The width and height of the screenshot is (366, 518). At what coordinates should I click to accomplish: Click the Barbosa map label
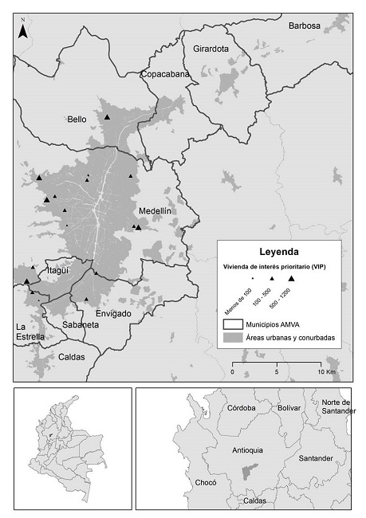305,26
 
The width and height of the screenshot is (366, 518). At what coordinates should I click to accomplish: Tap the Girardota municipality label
211,49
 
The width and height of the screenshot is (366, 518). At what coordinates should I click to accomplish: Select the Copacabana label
165,74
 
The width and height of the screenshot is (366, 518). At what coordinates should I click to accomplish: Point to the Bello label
77,120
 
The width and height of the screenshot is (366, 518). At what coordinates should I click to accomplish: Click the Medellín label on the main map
155,211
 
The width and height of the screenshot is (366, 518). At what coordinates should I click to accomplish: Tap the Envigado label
110,313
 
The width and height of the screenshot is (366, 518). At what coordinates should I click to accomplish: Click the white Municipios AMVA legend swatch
232,325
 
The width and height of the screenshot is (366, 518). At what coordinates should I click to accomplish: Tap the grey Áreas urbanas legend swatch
232,339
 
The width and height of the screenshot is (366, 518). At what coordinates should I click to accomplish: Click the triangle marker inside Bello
106,117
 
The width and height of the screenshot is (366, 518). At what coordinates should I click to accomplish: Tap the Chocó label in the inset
206,483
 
